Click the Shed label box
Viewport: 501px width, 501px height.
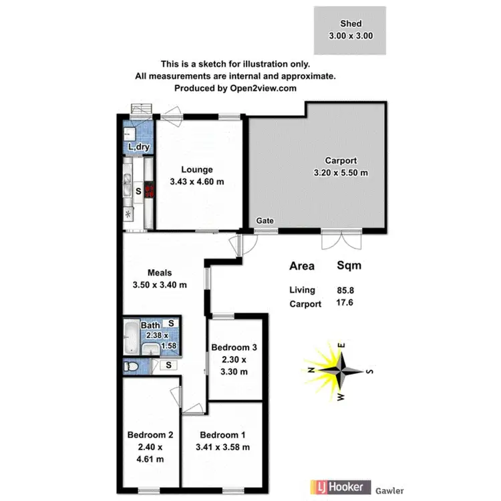(x=350, y=31)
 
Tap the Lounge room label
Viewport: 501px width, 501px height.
(x=196, y=170)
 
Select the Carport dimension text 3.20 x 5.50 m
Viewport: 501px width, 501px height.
(x=341, y=173)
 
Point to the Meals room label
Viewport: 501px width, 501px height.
(x=160, y=273)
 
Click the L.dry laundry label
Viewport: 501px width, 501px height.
(x=138, y=147)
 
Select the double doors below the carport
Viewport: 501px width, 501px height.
(x=341, y=239)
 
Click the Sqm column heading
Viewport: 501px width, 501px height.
(x=349, y=266)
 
